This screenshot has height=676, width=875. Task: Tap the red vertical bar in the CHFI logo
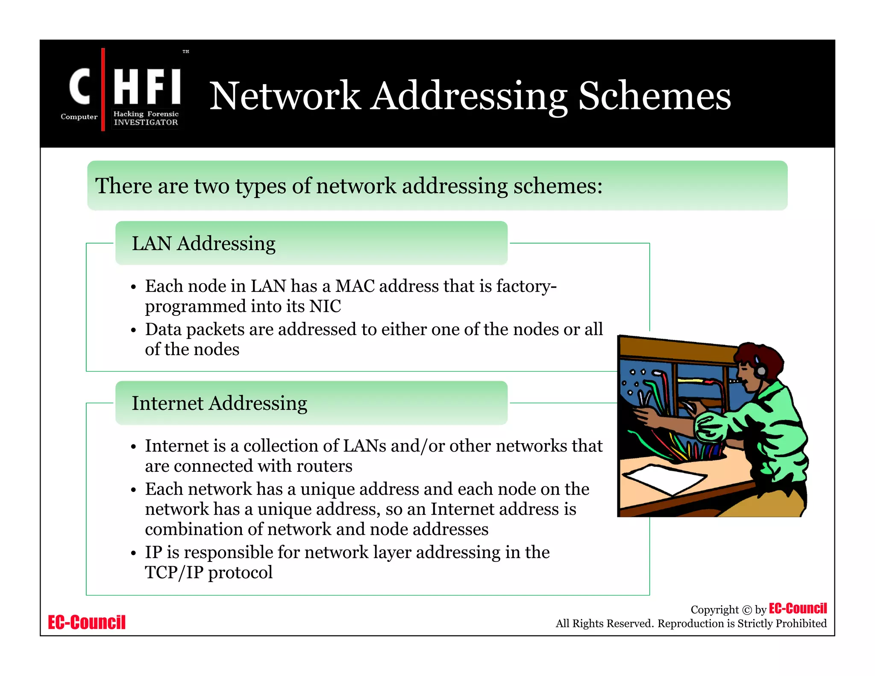point(103,89)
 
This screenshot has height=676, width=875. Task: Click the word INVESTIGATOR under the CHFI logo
point(146,123)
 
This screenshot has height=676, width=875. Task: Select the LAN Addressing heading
point(203,244)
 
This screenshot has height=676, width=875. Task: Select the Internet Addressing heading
point(219,403)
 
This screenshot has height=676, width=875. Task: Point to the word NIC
point(325,306)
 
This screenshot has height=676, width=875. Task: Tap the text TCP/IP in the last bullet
point(174,573)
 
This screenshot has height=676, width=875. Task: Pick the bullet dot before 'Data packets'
point(133,330)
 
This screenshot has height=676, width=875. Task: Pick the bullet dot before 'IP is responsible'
point(133,553)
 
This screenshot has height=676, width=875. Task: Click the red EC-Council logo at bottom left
point(87,622)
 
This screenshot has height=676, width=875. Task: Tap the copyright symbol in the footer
point(747,610)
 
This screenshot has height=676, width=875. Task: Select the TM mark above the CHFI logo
point(185,52)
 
